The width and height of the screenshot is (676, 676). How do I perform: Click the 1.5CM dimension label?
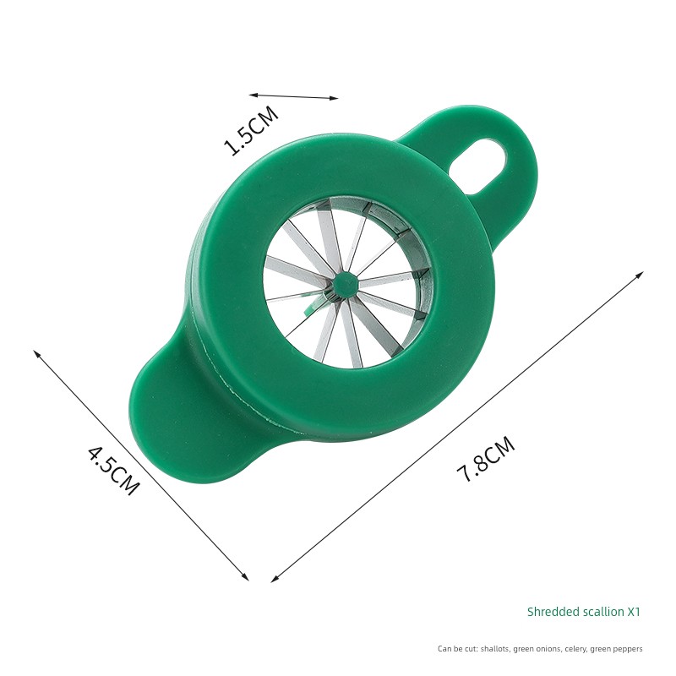point(252,130)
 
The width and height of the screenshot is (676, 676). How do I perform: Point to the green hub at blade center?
point(344,284)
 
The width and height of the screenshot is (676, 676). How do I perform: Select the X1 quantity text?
point(634,612)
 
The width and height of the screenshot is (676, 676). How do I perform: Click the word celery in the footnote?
point(575,649)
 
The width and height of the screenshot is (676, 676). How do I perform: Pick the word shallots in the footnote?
point(496,648)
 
